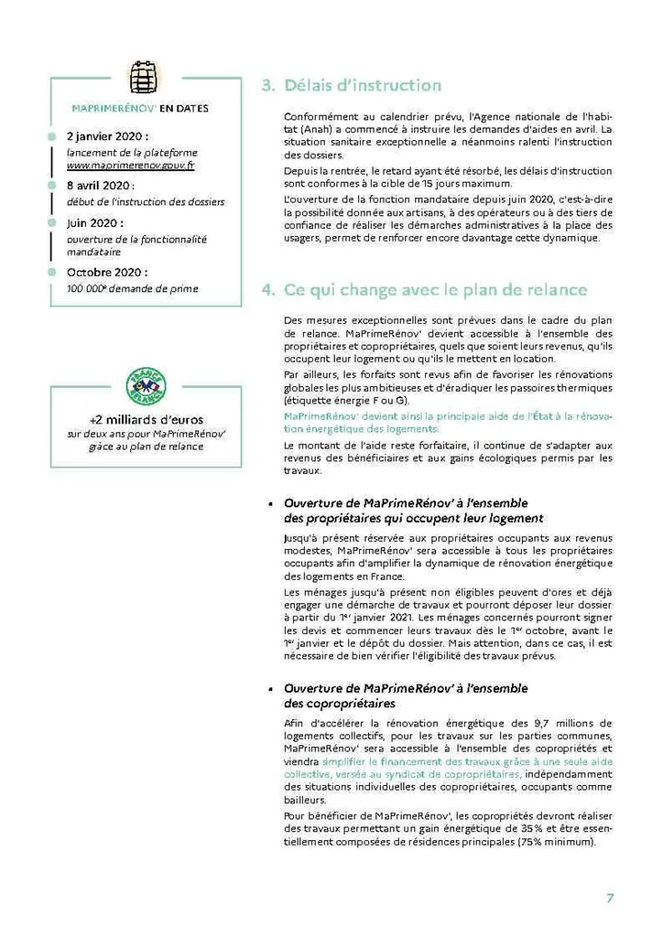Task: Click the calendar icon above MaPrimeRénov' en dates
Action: (x=142, y=77)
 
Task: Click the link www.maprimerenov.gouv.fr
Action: (x=130, y=166)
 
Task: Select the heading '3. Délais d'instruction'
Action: (x=351, y=86)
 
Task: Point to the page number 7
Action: (x=610, y=898)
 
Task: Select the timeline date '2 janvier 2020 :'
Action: (x=107, y=136)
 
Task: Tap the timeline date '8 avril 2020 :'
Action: (x=101, y=186)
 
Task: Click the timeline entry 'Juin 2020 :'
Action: (x=95, y=222)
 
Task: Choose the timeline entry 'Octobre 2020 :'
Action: (x=107, y=272)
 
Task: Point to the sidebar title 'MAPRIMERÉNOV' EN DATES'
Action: (x=139, y=108)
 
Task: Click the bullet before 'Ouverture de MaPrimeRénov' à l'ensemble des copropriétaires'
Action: (x=270, y=689)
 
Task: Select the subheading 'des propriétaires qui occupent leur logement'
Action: (x=413, y=518)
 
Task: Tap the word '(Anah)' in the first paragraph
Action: (x=302, y=130)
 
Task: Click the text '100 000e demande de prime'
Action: (x=132, y=288)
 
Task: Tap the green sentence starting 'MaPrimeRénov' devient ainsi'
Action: (x=448, y=422)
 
